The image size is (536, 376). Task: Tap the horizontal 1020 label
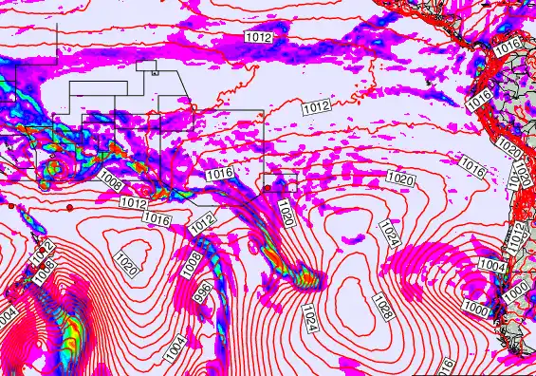[399, 179]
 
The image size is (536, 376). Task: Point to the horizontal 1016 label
[219, 174]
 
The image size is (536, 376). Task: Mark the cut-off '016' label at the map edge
[446, 367]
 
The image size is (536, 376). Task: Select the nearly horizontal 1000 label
[476, 311]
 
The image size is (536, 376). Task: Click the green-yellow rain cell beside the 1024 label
[308, 279]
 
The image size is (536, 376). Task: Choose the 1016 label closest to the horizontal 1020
[472, 166]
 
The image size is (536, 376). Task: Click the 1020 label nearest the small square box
[286, 216]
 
